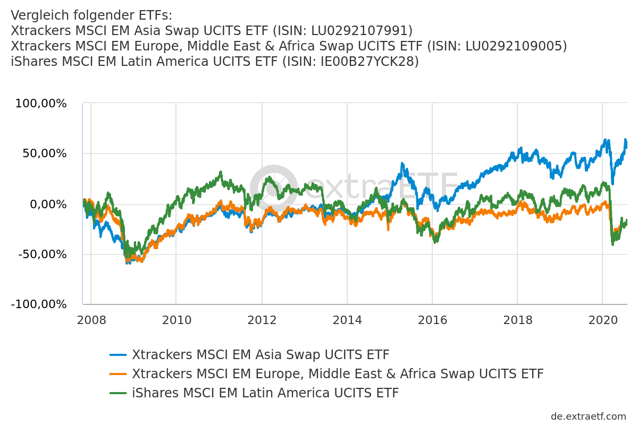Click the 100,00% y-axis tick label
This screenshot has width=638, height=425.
click(41, 104)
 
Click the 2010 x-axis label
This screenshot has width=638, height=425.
click(176, 320)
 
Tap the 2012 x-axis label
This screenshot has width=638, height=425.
click(262, 320)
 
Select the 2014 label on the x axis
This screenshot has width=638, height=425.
click(347, 320)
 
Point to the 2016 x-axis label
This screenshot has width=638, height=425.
click(432, 320)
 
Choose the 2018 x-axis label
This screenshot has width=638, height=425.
click(518, 320)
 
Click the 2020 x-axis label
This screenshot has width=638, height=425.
click(603, 320)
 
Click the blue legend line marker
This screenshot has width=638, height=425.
click(118, 355)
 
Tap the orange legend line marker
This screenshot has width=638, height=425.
click(118, 374)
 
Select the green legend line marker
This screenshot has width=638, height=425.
click(118, 393)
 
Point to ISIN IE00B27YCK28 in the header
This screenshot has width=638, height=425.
click(368, 62)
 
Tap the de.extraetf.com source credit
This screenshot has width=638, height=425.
click(589, 416)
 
